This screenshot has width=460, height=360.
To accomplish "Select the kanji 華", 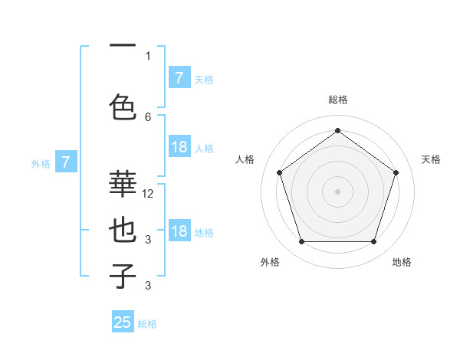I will click(123, 184).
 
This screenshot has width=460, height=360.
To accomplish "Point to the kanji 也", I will click(123, 230).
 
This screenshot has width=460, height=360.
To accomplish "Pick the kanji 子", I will click(123, 276).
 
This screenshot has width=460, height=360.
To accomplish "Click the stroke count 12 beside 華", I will click(148, 194).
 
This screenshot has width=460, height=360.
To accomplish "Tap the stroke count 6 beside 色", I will click(148, 116).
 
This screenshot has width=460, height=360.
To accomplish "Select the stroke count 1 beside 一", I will click(148, 55).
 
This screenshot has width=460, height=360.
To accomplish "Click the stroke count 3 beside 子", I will click(148, 286).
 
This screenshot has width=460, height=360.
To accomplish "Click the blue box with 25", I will click(123, 322).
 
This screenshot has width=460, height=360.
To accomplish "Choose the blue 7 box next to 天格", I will click(179, 78).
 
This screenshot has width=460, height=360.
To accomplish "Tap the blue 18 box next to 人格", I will click(179, 147).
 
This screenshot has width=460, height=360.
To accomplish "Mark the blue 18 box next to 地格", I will click(179, 231).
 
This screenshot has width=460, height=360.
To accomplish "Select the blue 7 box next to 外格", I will click(66, 162).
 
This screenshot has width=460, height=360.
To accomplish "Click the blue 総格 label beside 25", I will click(148, 324).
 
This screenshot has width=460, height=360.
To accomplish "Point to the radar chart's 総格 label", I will click(337, 100).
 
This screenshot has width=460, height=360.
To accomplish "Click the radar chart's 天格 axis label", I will click(431, 159).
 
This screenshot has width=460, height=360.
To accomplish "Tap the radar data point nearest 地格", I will click(373, 242).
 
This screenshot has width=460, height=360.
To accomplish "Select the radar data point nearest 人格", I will click(279, 172).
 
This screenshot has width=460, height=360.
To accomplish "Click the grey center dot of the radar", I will click(337, 191).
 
